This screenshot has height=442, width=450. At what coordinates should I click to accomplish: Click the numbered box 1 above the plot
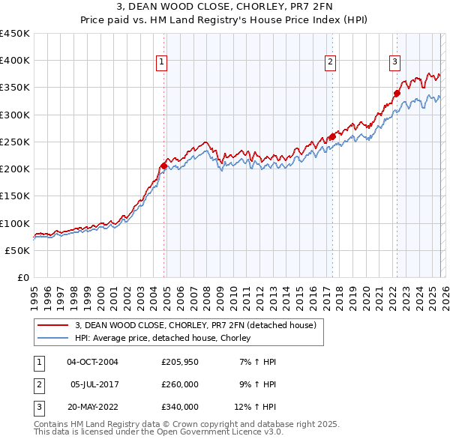(162, 62)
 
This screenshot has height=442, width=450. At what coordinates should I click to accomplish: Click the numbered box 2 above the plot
(330, 62)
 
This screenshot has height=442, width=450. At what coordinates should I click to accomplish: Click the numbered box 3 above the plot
(394, 62)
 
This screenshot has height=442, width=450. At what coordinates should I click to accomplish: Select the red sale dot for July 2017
(331, 136)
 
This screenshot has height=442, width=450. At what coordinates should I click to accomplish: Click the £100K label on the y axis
(14, 223)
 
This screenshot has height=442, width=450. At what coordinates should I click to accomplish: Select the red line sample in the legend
(53, 326)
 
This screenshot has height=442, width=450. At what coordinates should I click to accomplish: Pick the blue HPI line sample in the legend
(53, 339)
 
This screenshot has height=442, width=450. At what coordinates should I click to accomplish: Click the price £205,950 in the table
(179, 362)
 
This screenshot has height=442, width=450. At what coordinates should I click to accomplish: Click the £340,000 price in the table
(179, 407)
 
